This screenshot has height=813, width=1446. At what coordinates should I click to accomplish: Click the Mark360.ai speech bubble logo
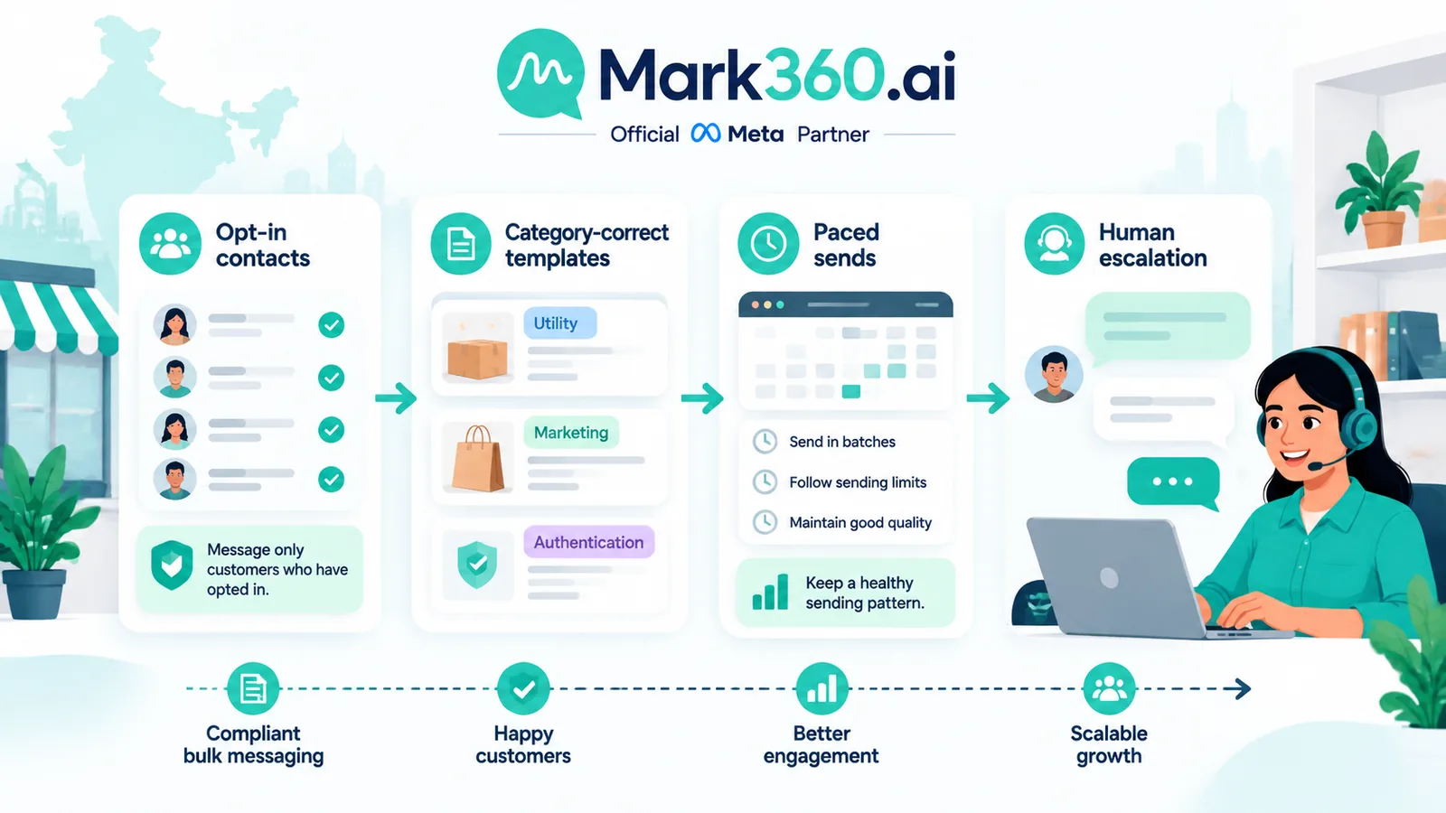pos(541,74)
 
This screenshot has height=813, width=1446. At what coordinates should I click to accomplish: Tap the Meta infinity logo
pos(705,133)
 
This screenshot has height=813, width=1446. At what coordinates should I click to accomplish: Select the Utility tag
pos(559,322)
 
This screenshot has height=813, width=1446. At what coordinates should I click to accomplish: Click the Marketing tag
pos(571,432)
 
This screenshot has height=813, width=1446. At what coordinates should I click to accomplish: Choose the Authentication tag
pos(588,542)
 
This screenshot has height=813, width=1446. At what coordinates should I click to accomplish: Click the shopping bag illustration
pos(478,459)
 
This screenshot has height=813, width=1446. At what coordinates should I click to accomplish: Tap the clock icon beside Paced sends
pos(768,244)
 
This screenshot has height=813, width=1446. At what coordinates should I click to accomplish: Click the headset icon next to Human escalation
pos(1054,244)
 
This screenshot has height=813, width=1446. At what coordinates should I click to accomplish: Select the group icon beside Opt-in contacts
pos(171,244)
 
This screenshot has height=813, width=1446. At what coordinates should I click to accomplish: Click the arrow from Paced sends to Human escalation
pos(988,397)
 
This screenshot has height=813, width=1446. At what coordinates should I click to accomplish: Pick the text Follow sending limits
pos(858,482)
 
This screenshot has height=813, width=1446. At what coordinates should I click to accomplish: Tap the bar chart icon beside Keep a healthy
pos(770,592)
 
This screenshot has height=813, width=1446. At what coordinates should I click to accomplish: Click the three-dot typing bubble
pos(1173,482)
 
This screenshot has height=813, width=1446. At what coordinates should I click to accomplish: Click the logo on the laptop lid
pos(1109,577)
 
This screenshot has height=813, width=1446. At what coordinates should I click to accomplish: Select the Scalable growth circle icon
pos(1109,688)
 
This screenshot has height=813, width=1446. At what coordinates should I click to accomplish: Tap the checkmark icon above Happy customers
pos(523,688)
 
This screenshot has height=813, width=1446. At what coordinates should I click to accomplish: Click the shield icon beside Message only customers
pos(172,565)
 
